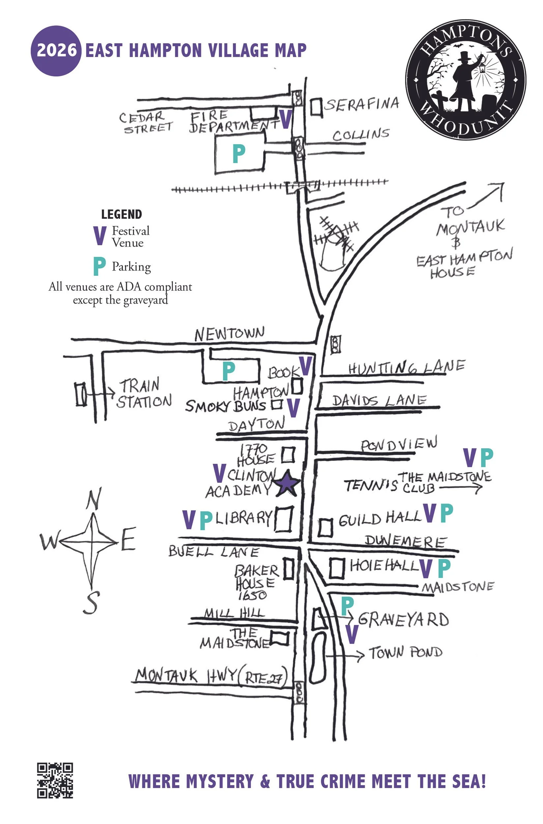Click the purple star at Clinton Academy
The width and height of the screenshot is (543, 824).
[x=287, y=484]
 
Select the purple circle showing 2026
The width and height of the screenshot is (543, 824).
[x=56, y=50]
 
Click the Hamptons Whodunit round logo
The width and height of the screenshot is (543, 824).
[x=466, y=79]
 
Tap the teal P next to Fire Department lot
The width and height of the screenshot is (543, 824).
[x=239, y=154]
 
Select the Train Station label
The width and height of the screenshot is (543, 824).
[x=143, y=394]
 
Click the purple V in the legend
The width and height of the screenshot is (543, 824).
[x=100, y=236]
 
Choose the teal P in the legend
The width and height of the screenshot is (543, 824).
[x=99, y=266]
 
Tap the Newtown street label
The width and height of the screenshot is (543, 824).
[x=229, y=334]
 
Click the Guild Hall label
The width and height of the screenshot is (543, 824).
[x=380, y=518]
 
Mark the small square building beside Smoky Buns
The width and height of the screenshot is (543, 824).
[x=276, y=404]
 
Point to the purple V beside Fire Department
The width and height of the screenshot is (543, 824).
[x=286, y=119]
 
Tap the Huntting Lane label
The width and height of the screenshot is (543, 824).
[x=407, y=367]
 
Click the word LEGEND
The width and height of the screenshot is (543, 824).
[x=122, y=214]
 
